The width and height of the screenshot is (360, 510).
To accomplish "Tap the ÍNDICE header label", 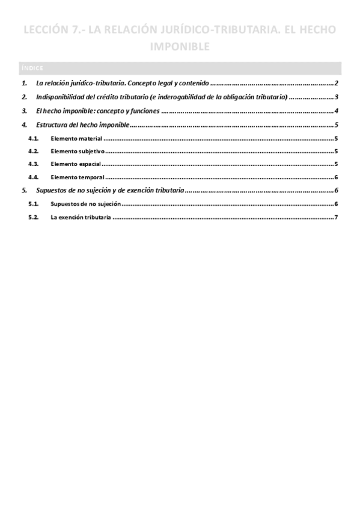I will pyautogui.click(x=31, y=68).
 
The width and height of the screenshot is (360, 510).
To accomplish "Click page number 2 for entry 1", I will pyautogui.click(x=338, y=84).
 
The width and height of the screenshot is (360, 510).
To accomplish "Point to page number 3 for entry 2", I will pyautogui.click(x=338, y=97).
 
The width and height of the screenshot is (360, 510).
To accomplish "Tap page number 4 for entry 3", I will pyautogui.click(x=338, y=111).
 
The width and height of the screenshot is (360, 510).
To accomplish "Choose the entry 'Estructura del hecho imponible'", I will pyautogui.click(x=82, y=125).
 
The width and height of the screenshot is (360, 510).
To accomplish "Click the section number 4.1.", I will pyautogui.click(x=34, y=138).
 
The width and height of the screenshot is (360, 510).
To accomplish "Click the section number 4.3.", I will pyautogui.click(x=34, y=164).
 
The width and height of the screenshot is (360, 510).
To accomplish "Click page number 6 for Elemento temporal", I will pyautogui.click(x=338, y=177).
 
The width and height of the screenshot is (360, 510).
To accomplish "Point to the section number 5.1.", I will pyautogui.click(x=34, y=204).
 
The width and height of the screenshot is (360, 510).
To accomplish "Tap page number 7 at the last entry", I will pyautogui.click(x=338, y=217).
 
